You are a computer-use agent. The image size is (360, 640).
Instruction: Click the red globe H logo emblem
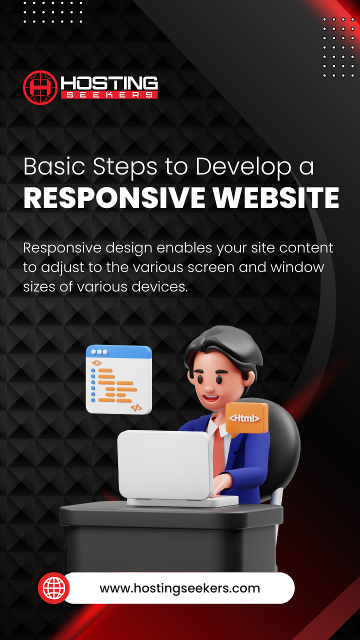click(40, 87)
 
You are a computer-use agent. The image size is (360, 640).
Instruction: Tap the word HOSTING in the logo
click(109, 83)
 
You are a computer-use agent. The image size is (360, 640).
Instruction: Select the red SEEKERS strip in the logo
click(109, 95)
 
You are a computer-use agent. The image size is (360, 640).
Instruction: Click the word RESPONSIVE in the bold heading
click(114, 197)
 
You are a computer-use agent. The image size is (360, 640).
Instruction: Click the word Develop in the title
click(243, 167)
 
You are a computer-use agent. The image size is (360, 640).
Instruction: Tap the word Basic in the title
click(54, 166)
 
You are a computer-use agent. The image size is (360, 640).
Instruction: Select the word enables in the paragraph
click(184, 247)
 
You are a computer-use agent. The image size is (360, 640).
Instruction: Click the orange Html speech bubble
click(247, 418)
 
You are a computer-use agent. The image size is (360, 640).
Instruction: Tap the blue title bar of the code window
click(118, 352)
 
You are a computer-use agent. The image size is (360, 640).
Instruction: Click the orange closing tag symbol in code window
click(136, 407)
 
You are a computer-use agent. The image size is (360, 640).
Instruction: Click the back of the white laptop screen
click(165, 464)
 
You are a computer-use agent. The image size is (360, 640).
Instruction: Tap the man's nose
click(209, 388)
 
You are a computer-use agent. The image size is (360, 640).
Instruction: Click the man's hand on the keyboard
click(222, 483)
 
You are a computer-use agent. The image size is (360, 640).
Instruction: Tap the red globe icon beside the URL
click(53, 588)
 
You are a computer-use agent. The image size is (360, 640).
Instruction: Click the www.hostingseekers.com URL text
click(179, 588)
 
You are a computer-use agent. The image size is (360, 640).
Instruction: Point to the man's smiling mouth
click(211, 398)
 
